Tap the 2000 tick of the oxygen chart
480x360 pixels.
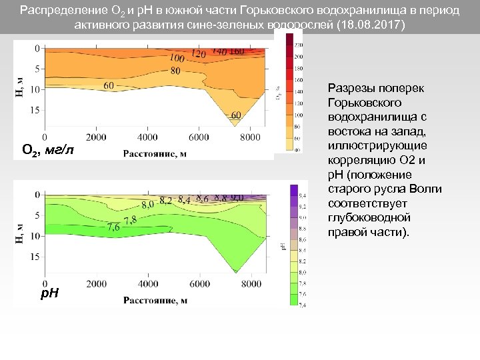96,137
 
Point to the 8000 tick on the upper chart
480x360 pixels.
250,137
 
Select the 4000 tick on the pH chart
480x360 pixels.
147,283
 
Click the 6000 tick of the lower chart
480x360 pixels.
199,283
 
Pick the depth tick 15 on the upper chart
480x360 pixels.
34,110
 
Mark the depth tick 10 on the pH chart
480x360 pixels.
34,236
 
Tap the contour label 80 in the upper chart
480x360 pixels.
175,70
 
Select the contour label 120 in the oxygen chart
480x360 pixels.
198,53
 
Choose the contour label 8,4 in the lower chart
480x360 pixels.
184,199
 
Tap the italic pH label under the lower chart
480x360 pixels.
49,293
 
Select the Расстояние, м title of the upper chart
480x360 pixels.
155,154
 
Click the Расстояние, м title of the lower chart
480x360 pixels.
155,300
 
